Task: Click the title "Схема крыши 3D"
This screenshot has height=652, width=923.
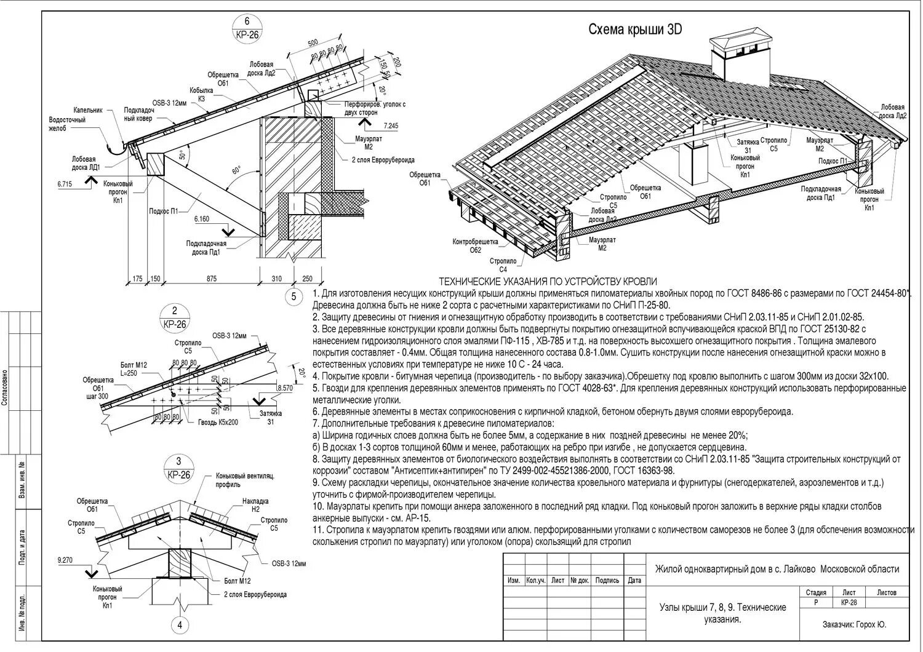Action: click(635, 30)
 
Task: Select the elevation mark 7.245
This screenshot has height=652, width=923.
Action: click(390, 126)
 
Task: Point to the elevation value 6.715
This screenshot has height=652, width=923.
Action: click(65, 184)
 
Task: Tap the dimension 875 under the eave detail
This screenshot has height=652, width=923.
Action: click(211, 279)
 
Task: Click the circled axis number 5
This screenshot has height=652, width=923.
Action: click(294, 297)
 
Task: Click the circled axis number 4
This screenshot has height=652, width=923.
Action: click(180, 626)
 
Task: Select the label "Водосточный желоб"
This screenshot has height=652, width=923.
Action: click(67, 124)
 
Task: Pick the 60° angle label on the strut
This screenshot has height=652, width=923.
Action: click(236, 170)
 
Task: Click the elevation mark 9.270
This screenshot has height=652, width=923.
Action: click(65, 560)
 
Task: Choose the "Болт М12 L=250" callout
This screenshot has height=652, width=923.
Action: click(134, 370)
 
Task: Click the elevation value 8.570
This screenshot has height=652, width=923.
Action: click(285, 388)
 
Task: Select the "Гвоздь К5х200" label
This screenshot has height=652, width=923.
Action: click(217, 423)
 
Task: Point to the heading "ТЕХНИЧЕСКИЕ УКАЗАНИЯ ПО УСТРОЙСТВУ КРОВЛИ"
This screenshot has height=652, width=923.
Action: click(548, 282)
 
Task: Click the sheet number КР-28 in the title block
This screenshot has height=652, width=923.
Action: click(849, 603)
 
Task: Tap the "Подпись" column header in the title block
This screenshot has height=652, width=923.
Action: click(607, 580)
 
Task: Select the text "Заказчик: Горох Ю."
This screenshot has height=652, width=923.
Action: click(854, 624)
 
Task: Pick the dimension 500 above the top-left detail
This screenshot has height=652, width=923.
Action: click(313, 42)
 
